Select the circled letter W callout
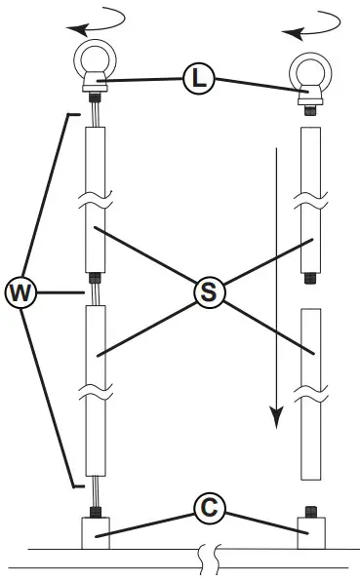click(x=20, y=290)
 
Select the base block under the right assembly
click(x=310, y=534)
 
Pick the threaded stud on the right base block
click(x=310, y=511)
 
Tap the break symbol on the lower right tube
click(x=310, y=394)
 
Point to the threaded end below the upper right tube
click(x=310, y=279)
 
